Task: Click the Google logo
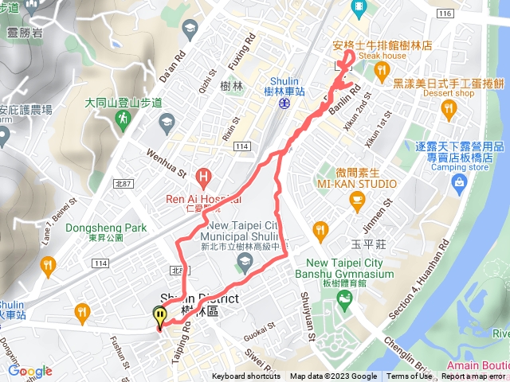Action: [x=29, y=371]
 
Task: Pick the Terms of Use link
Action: [x=409, y=376]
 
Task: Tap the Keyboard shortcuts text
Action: [x=246, y=376]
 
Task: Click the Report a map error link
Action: [x=474, y=376]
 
